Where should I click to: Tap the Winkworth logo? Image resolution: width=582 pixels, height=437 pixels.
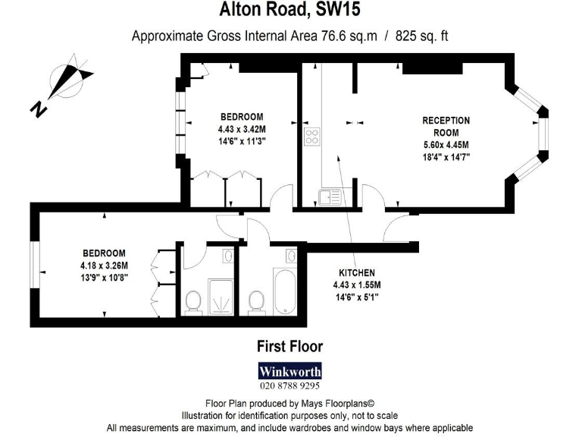point(290,372)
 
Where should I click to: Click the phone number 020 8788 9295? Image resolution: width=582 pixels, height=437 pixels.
point(290,385)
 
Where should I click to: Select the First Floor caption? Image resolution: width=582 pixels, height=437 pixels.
point(290,347)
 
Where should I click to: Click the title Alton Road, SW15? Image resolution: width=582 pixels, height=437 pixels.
point(290,10)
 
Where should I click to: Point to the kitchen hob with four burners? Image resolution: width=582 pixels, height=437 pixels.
point(311,137)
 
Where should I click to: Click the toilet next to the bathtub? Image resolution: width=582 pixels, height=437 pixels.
point(256,301)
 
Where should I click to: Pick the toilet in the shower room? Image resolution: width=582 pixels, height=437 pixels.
point(193,301)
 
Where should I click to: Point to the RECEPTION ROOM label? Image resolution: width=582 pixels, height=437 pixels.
point(446,126)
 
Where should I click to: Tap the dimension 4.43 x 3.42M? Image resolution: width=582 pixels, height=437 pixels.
point(242,129)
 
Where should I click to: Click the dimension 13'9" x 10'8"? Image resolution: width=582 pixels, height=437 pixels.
point(105,278)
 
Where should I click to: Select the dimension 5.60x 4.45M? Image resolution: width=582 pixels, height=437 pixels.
point(446,145)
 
